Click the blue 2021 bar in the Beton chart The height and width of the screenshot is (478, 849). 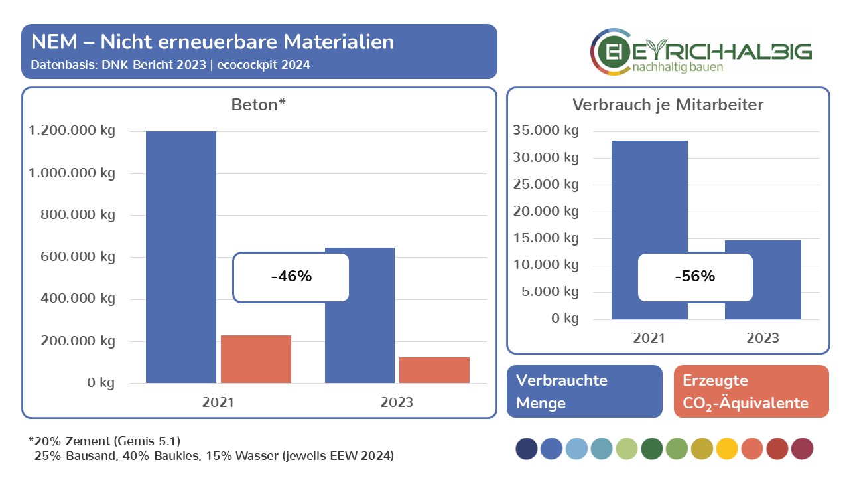pyautogui.click(x=181, y=199)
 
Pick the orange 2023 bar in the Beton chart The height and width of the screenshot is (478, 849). pyautogui.click(x=434, y=370)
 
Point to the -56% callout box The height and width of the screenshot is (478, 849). pyautogui.click(x=695, y=276)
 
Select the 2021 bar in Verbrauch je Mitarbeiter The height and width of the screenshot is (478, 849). pyautogui.click(x=649, y=199)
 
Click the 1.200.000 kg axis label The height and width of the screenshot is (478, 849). pyautogui.click(x=72, y=131)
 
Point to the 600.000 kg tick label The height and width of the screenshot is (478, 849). pyautogui.click(x=77, y=257)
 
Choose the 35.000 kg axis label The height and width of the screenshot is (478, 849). pyautogui.click(x=546, y=130)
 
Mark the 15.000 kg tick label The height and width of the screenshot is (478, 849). pyautogui.click(x=546, y=238)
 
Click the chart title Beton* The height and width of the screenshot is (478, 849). pyautogui.click(x=258, y=105)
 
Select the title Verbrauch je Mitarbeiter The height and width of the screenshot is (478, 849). pyautogui.click(x=668, y=105)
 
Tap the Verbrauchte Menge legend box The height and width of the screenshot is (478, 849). pyautogui.click(x=584, y=391)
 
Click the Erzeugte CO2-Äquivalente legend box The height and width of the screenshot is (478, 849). pyautogui.click(x=751, y=391)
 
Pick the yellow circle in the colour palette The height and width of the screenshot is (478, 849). pyautogui.click(x=726, y=449)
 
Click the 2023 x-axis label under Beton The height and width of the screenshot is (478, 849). pyautogui.click(x=397, y=402)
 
